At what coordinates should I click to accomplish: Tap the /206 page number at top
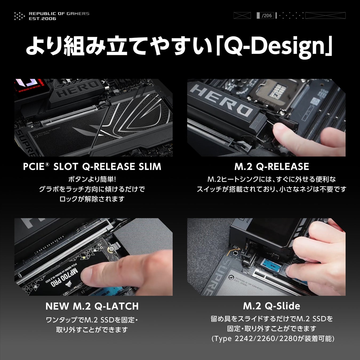click(267, 15)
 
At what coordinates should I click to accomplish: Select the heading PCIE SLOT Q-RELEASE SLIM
click(92, 166)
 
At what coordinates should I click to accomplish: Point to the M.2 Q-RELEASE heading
click(272, 166)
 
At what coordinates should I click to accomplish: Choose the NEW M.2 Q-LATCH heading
click(92, 306)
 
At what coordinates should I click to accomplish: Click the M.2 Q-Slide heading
click(272, 306)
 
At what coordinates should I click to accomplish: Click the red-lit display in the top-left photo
click(30, 87)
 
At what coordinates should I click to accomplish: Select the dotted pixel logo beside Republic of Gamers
click(19, 16)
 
